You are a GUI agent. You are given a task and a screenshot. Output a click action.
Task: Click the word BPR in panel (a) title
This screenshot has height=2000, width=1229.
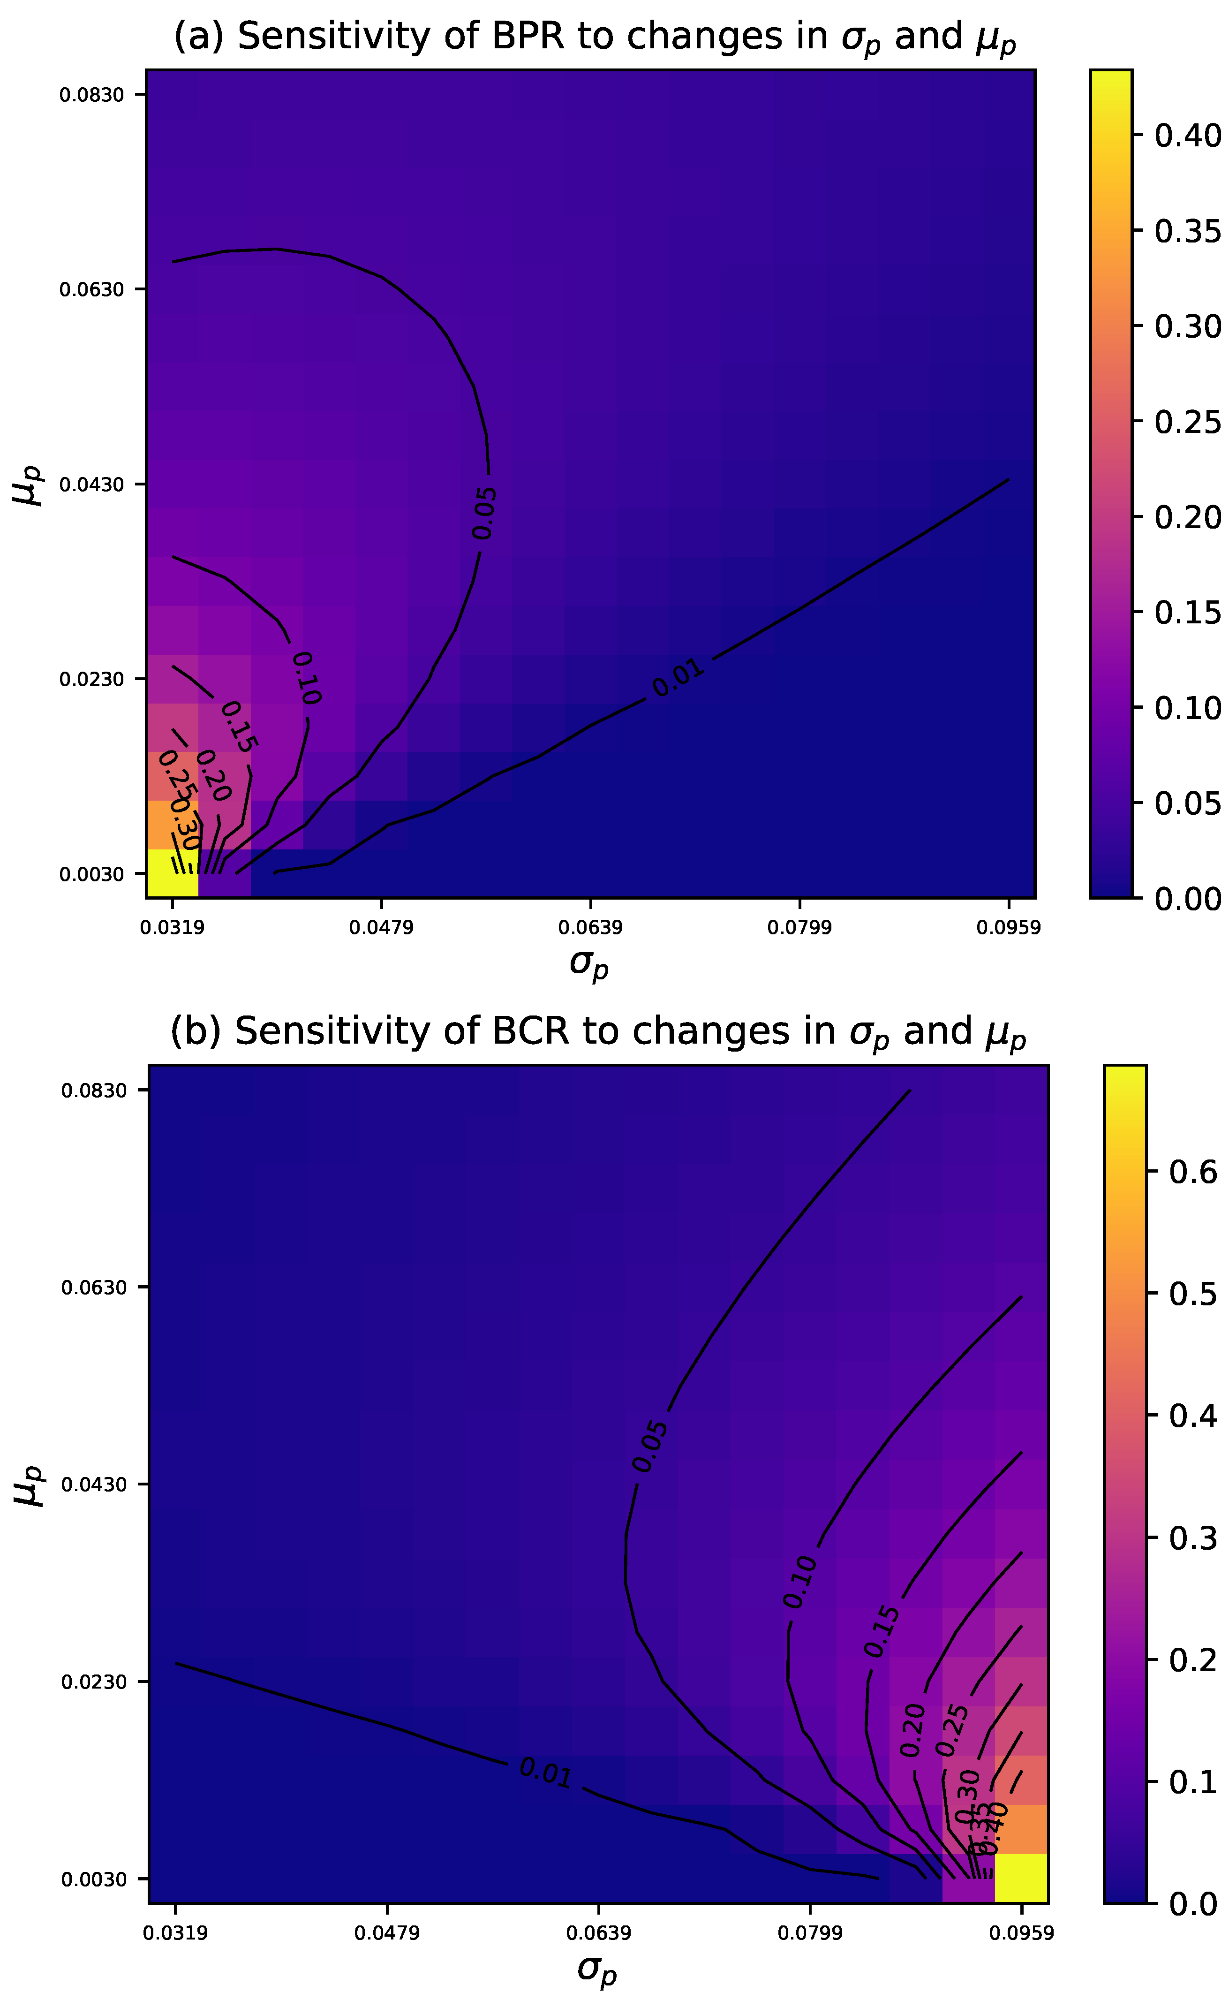click(x=527, y=38)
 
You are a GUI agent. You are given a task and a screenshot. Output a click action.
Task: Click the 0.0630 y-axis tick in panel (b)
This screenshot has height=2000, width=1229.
click(x=93, y=1287)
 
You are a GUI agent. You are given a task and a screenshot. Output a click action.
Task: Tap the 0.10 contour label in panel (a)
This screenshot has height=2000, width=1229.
click(x=307, y=678)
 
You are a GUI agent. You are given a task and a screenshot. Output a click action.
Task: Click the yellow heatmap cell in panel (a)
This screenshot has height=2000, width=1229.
click(x=172, y=873)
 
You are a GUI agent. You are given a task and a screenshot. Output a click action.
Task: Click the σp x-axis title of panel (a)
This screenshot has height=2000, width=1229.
click(x=589, y=964)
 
